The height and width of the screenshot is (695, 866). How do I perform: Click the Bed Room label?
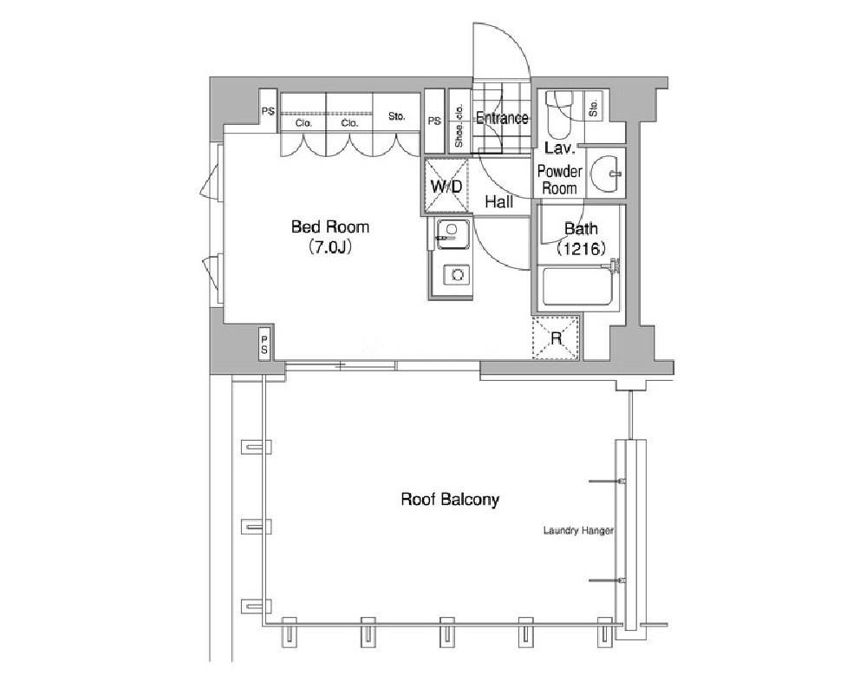(x=329, y=226)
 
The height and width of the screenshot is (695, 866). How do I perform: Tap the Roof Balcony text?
(x=450, y=500)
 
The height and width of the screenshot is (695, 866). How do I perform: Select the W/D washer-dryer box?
(x=446, y=187)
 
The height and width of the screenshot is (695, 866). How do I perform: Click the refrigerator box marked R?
(x=556, y=338)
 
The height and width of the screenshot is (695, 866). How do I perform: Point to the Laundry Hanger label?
(x=578, y=531)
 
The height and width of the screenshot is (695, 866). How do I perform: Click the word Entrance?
(x=502, y=118)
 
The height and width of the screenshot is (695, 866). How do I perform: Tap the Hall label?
(x=498, y=202)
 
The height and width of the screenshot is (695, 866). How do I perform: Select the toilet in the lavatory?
(x=559, y=115)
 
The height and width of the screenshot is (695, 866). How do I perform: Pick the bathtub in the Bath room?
(x=578, y=285)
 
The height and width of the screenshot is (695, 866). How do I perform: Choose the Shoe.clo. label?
(x=459, y=126)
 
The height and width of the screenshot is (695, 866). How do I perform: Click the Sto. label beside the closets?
(x=396, y=116)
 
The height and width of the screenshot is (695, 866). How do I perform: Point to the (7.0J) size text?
(x=329, y=246)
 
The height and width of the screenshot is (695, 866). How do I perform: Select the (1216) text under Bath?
(x=582, y=248)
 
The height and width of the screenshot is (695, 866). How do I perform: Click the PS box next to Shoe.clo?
(x=434, y=121)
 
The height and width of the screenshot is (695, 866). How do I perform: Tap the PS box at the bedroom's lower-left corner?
(x=264, y=344)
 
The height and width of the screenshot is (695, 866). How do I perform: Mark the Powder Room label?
(x=559, y=180)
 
